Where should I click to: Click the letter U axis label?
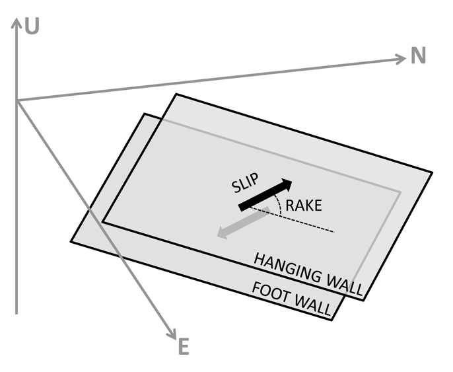[31, 26]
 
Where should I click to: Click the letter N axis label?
[419, 56]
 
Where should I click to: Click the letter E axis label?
[184, 346]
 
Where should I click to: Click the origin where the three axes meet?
[17, 100]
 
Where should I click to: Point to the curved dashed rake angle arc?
[282, 206]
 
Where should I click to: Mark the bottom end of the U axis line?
[16, 312]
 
